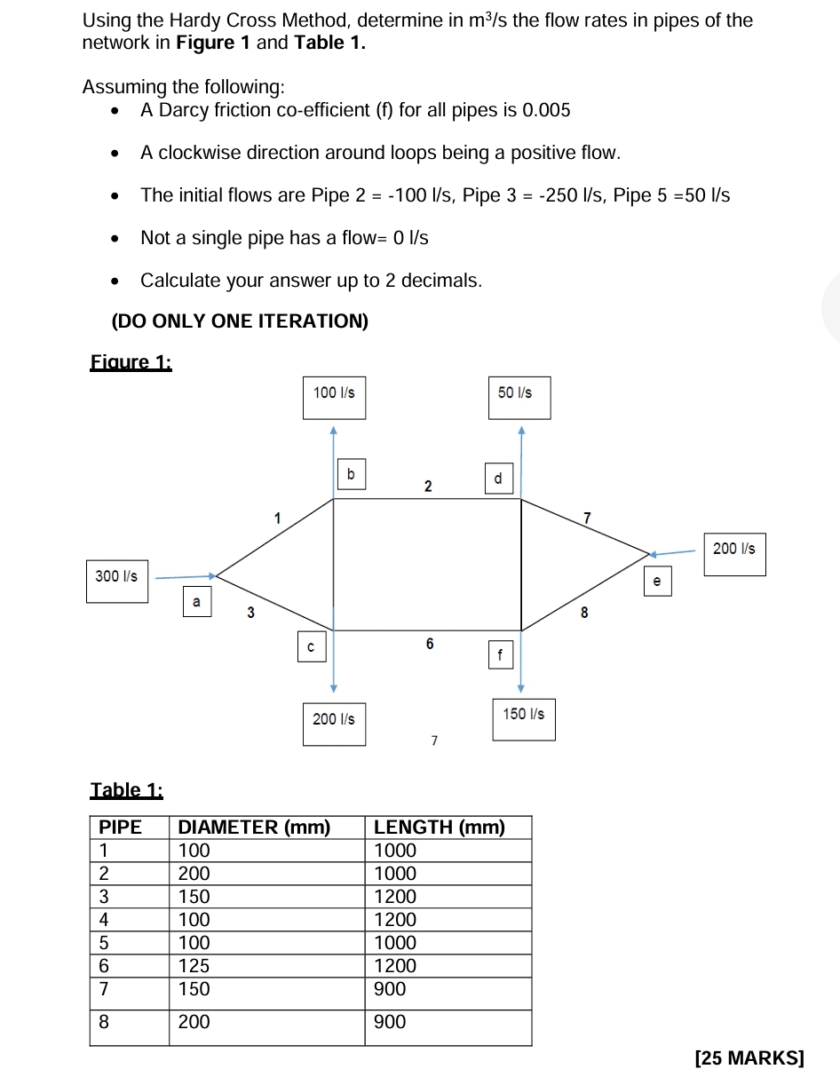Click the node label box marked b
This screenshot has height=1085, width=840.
click(351, 475)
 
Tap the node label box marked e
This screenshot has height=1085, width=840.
click(656, 582)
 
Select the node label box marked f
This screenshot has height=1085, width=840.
click(501, 656)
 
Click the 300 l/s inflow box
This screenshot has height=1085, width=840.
click(117, 576)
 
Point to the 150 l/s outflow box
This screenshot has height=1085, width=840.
click(524, 714)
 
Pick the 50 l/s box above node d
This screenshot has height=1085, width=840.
click(518, 392)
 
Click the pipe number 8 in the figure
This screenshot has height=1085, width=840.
click(583, 613)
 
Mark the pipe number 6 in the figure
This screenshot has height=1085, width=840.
click(429, 643)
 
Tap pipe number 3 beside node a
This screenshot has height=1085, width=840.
click(250, 613)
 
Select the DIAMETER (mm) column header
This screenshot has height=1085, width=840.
click(255, 828)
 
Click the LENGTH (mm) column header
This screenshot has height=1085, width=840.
click(439, 828)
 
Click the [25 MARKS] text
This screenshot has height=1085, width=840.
click(751, 1057)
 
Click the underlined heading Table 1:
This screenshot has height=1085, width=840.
click(127, 790)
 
